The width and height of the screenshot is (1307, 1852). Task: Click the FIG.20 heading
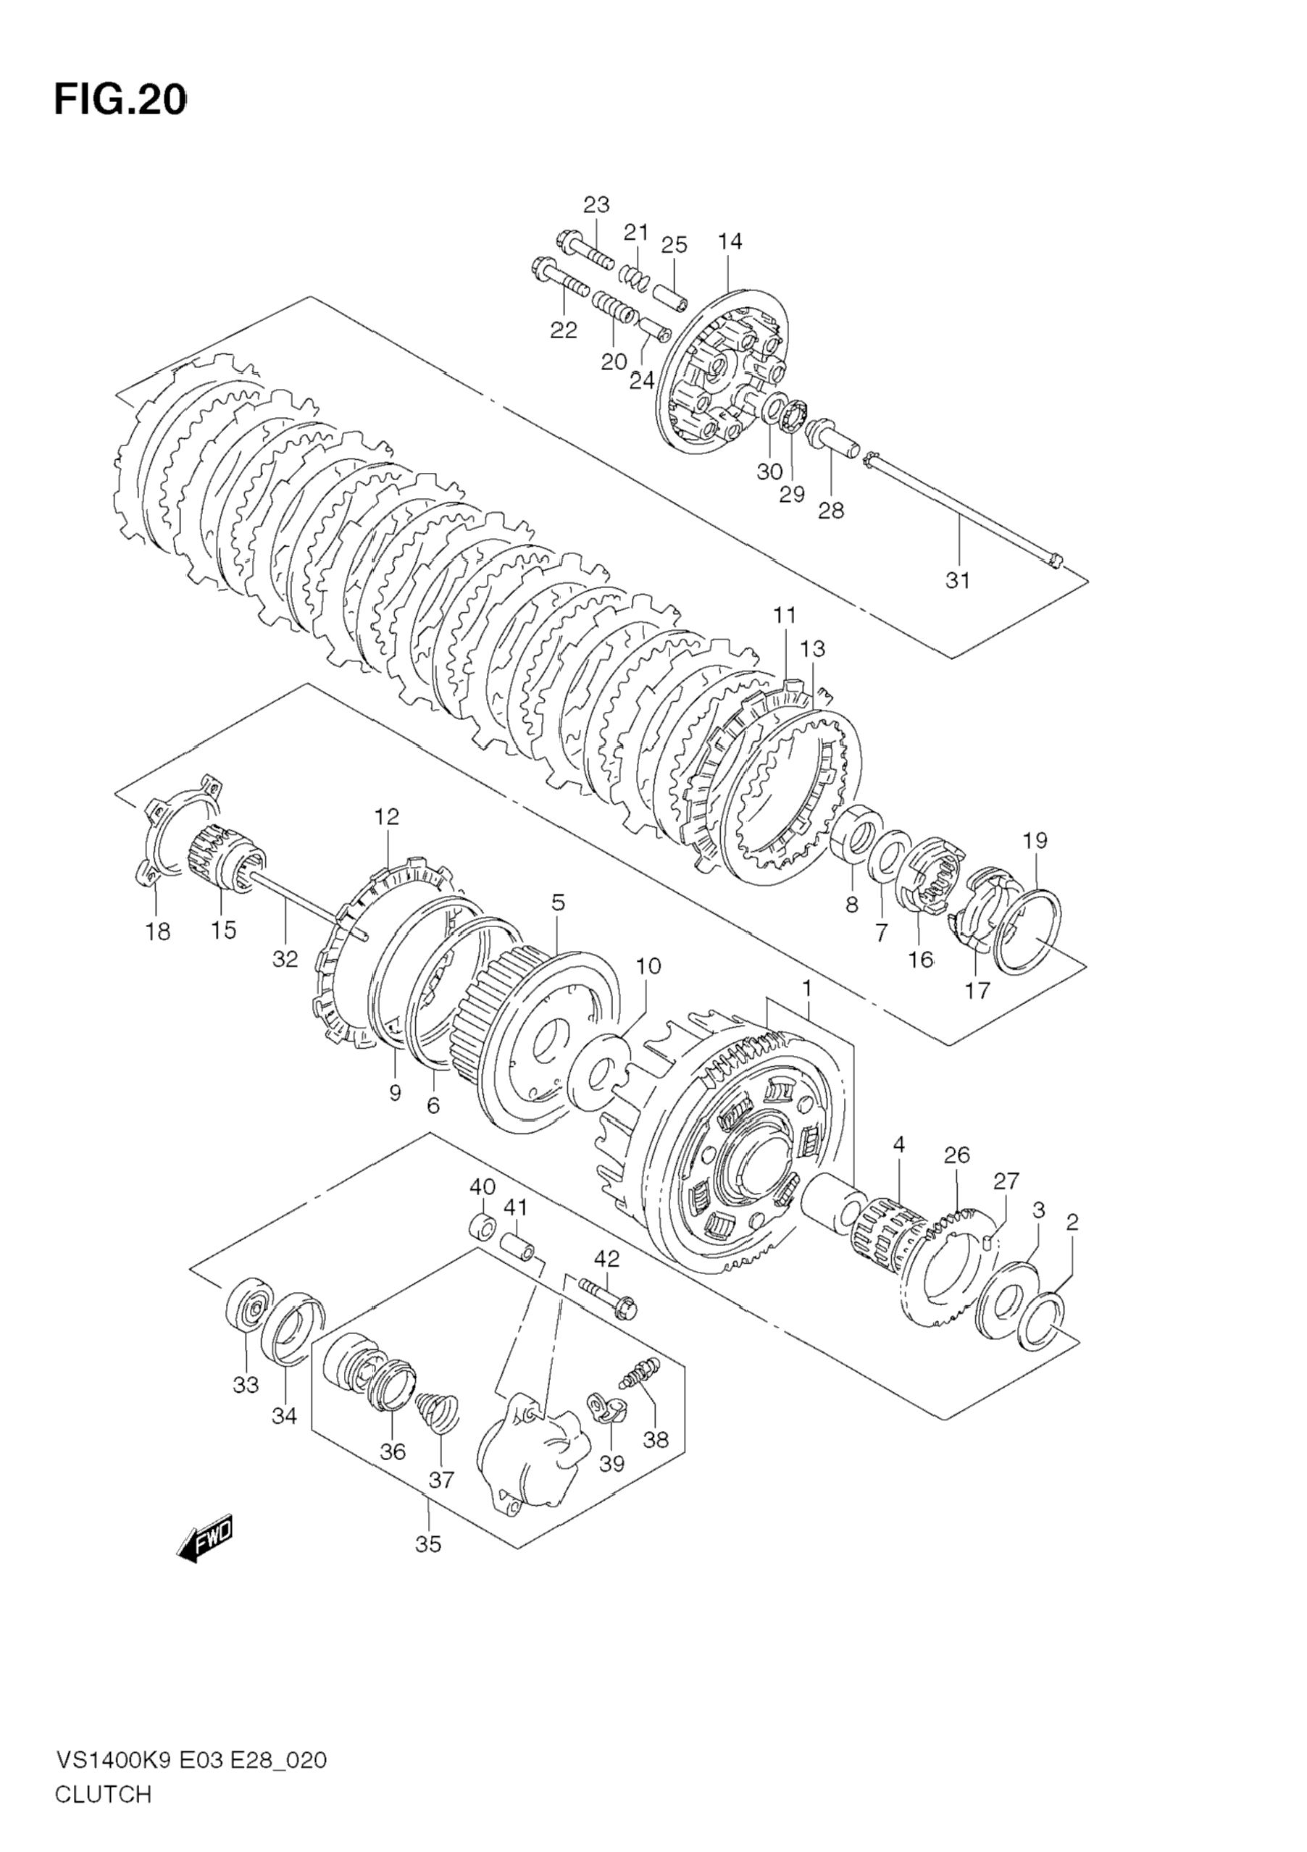[120, 101]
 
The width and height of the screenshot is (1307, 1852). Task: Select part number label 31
[958, 581]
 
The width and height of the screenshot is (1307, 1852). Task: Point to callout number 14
[730, 242]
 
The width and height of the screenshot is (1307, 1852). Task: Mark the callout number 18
[158, 931]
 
